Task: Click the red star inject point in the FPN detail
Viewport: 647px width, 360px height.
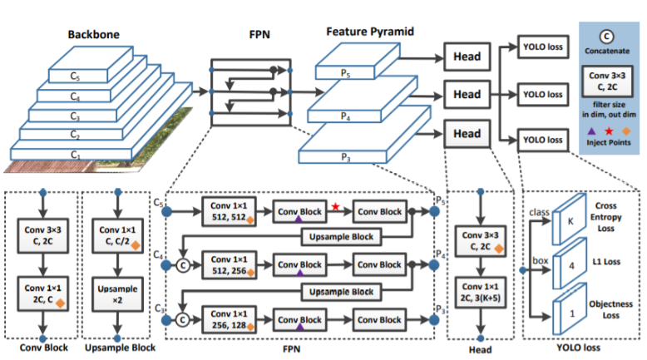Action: pos(335,206)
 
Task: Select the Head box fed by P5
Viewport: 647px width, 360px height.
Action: pos(467,57)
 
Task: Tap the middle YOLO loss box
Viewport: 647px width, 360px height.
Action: pos(542,95)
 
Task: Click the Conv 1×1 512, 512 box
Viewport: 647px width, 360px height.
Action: pos(229,211)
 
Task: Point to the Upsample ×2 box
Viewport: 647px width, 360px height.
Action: pos(117,294)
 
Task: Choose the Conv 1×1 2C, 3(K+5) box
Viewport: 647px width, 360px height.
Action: pos(481,293)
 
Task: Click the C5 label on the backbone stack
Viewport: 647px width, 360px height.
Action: pos(75,76)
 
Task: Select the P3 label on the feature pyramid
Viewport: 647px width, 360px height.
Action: pos(345,157)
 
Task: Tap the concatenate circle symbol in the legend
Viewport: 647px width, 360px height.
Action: pos(606,37)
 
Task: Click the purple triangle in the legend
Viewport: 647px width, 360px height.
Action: pos(591,131)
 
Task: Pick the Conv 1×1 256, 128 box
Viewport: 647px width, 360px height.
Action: pos(229,319)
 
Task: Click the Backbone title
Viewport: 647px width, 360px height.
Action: pos(94,35)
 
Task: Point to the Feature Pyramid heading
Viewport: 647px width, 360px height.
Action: pos(370,32)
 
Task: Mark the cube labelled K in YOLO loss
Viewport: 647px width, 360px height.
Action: pos(570,219)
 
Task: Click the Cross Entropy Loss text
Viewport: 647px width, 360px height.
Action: pos(605,217)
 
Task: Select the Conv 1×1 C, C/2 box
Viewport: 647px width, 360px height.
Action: pos(118,235)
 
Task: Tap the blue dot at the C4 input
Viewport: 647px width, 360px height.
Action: pos(166,265)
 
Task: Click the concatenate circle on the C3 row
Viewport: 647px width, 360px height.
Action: pos(182,319)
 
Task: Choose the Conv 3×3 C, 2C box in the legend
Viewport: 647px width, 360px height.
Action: pos(607,81)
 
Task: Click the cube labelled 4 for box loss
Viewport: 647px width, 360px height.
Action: pos(570,264)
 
